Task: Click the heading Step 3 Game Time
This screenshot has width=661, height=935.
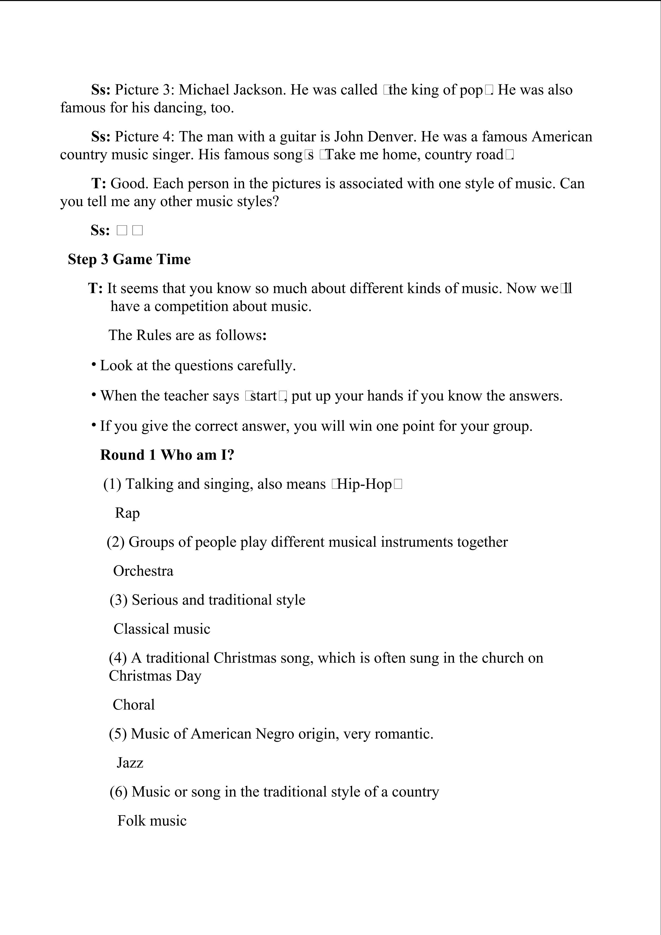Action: coord(129,259)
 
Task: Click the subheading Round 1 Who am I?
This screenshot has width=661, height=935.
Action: coord(167,455)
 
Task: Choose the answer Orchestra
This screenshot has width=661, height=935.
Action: coord(143,571)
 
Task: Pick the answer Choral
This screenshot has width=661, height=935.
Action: coord(134,705)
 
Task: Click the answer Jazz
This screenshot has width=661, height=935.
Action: coord(130,763)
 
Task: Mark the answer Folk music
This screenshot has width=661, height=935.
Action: coord(152,821)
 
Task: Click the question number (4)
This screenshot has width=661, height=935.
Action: coord(118,658)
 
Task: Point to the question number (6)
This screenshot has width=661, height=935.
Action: coord(119,792)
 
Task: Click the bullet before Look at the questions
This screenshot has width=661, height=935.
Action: coord(94,364)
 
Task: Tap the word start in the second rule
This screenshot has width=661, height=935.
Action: coord(263,396)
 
